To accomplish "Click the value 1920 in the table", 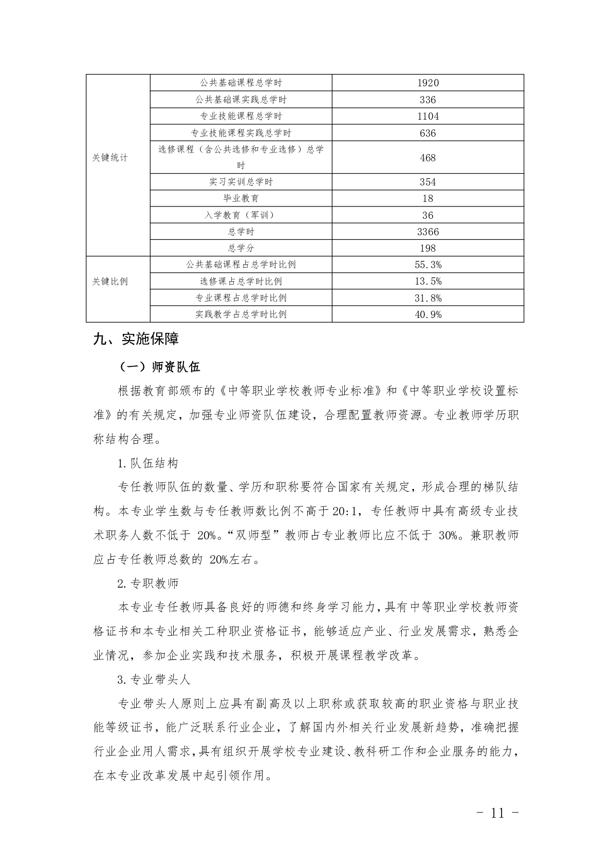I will [428, 83].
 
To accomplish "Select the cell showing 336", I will [428, 100].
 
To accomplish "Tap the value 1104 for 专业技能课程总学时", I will [428, 117].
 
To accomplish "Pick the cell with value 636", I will [428, 133].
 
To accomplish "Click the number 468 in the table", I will [428, 158].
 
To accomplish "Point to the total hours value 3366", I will [428, 232].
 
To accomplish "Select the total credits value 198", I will [428, 248].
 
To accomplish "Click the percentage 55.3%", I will [428, 265].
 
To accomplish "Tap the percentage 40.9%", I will [428, 314].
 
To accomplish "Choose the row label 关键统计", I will [110, 158].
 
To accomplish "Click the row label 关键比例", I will [110, 281].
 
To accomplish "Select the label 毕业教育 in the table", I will [241, 198].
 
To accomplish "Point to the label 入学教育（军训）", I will [241, 215].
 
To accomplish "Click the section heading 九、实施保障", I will [136, 339].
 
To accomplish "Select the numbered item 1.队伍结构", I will [148, 463].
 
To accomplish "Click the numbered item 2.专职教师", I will [148, 584].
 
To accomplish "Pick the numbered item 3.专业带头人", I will [154, 680].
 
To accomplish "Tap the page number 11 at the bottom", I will [497, 813].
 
